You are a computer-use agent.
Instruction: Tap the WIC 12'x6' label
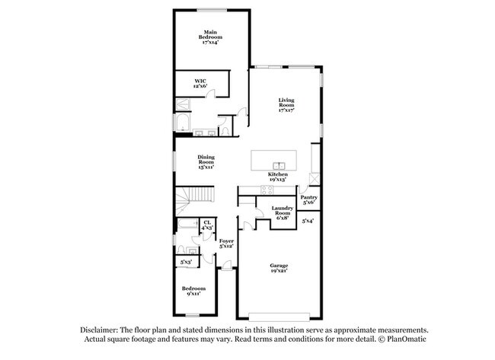200,84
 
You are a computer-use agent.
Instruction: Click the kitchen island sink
279,164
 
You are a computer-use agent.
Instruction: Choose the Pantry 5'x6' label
309,201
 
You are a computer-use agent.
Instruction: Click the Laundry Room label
283,212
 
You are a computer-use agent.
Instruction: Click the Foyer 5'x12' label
226,244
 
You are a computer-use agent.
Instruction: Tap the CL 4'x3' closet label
206,225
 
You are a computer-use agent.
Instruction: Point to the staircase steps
190,201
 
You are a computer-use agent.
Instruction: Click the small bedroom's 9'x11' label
193,292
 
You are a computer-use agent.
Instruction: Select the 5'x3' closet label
185,263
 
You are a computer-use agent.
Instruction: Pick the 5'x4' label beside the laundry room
308,221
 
